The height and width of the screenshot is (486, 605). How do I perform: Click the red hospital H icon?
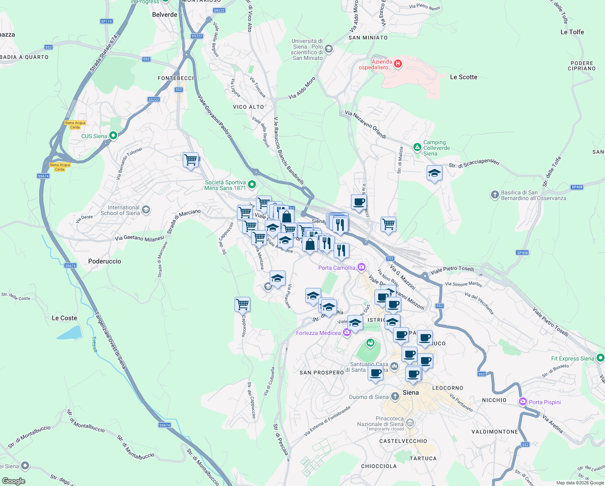(x=398, y=64)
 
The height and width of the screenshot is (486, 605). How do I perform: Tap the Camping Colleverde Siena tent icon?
(x=417, y=147)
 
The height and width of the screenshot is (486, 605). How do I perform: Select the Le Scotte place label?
(x=463, y=77)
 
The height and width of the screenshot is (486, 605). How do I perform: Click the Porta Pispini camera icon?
(x=523, y=402)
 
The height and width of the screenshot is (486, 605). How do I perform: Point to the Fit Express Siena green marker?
(x=601, y=358)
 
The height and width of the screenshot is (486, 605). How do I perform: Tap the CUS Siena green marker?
(x=113, y=136)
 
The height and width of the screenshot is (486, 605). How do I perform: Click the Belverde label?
(x=165, y=15)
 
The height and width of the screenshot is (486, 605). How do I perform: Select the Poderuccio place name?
(x=105, y=261)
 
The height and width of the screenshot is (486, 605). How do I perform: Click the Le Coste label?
(x=64, y=318)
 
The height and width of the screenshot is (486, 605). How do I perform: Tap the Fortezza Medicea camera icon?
(x=347, y=333)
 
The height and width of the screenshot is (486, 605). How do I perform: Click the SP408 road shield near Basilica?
(x=577, y=187)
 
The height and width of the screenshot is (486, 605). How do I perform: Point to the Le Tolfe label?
(x=572, y=32)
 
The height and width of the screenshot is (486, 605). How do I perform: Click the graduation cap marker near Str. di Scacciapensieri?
(x=434, y=173)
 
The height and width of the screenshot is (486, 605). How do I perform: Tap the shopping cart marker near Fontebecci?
(x=190, y=160)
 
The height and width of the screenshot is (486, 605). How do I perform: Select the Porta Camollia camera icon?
(x=362, y=267)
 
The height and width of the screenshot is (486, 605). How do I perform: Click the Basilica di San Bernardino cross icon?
(x=495, y=195)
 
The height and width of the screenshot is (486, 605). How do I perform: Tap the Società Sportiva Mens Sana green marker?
(x=252, y=185)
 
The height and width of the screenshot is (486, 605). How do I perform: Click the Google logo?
(x=14, y=481)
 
